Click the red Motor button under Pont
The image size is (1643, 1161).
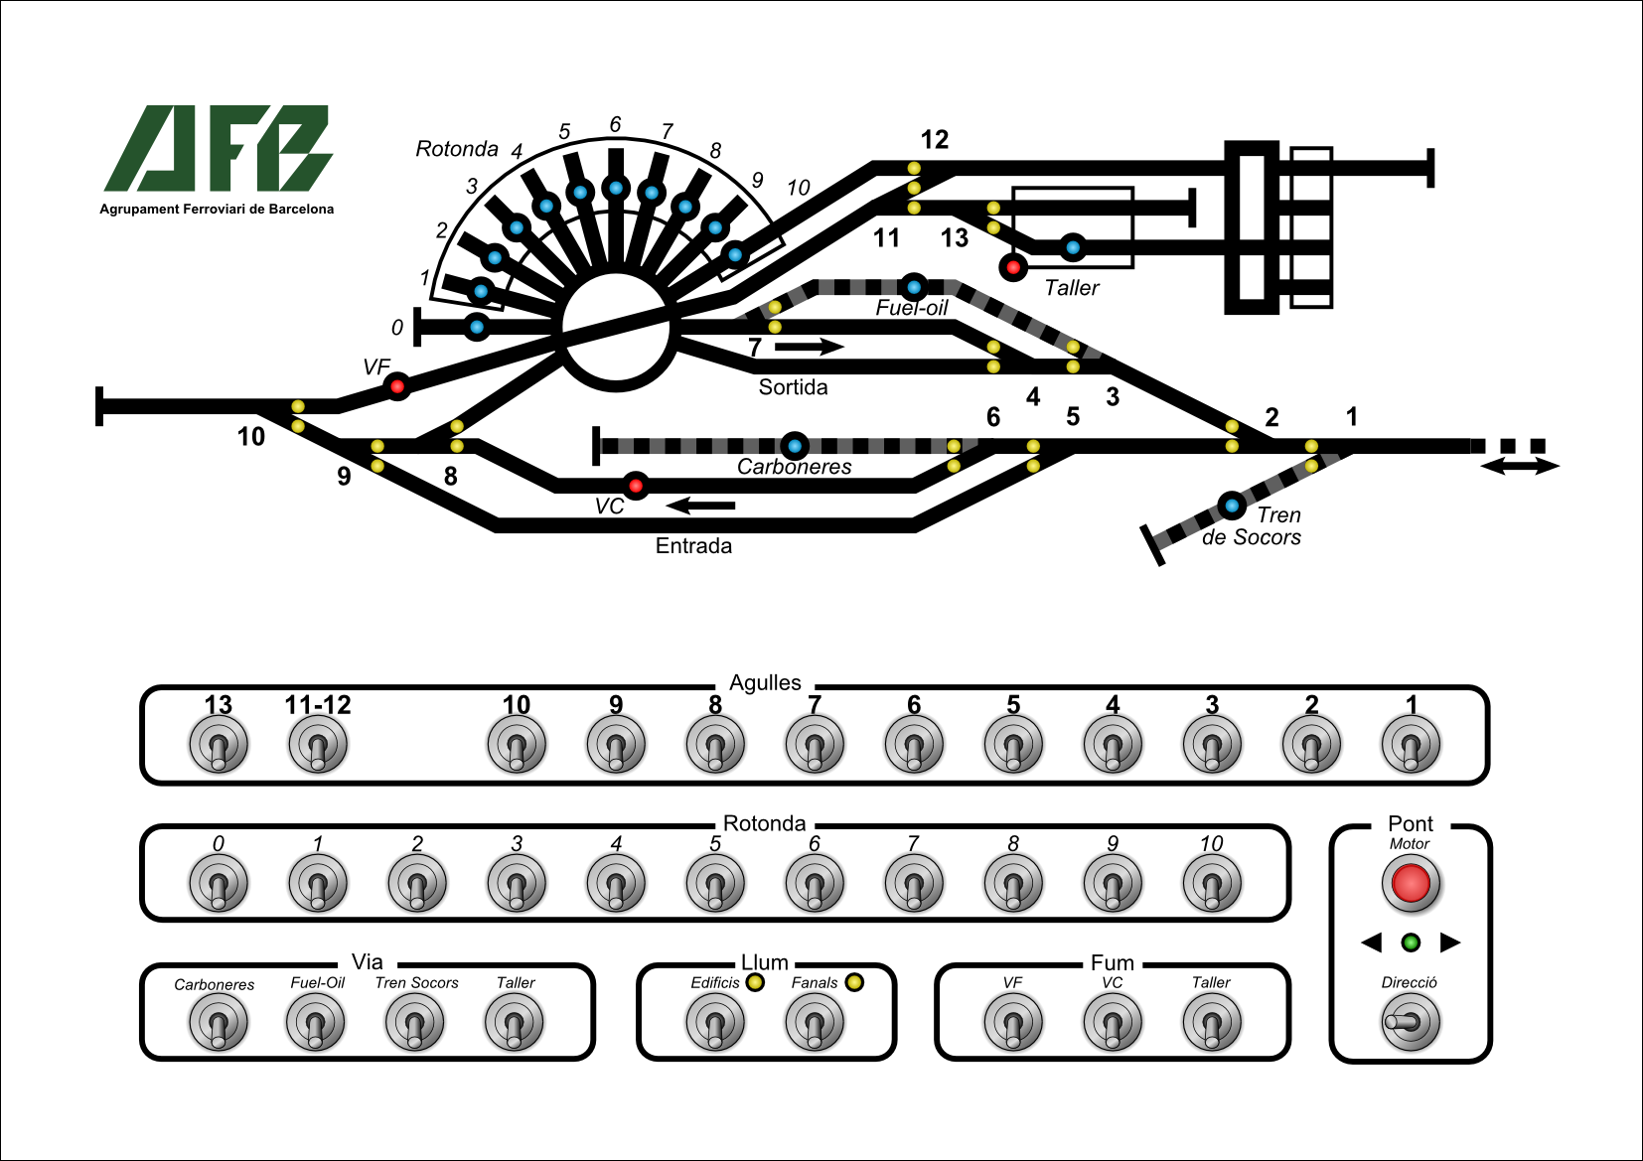(1411, 883)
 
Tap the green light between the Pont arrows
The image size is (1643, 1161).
(1411, 943)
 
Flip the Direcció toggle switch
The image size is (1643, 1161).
(1410, 1022)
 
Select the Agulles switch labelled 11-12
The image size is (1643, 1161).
(318, 745)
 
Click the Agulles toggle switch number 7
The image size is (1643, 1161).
(815, 745)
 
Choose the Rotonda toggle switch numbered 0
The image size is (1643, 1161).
(219, 883)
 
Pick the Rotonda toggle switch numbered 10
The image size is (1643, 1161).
(1212, 883)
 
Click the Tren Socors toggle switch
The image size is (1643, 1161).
(415, 1023)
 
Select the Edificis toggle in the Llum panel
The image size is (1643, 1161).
(715, 1023)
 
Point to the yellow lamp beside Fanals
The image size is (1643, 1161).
(854, 982)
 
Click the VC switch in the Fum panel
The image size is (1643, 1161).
(1113, 1023)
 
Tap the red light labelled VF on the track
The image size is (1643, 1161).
(397, 385)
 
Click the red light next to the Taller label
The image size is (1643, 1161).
(1013, 267)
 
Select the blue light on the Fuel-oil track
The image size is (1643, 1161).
(914, 287)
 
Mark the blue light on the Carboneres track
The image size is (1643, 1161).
(794, 446)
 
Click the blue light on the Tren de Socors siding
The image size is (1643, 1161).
(1232, 506)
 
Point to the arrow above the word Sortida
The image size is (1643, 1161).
(809, 347)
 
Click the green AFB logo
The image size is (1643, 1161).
(219, 149)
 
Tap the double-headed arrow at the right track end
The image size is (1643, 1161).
(1520, 466)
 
